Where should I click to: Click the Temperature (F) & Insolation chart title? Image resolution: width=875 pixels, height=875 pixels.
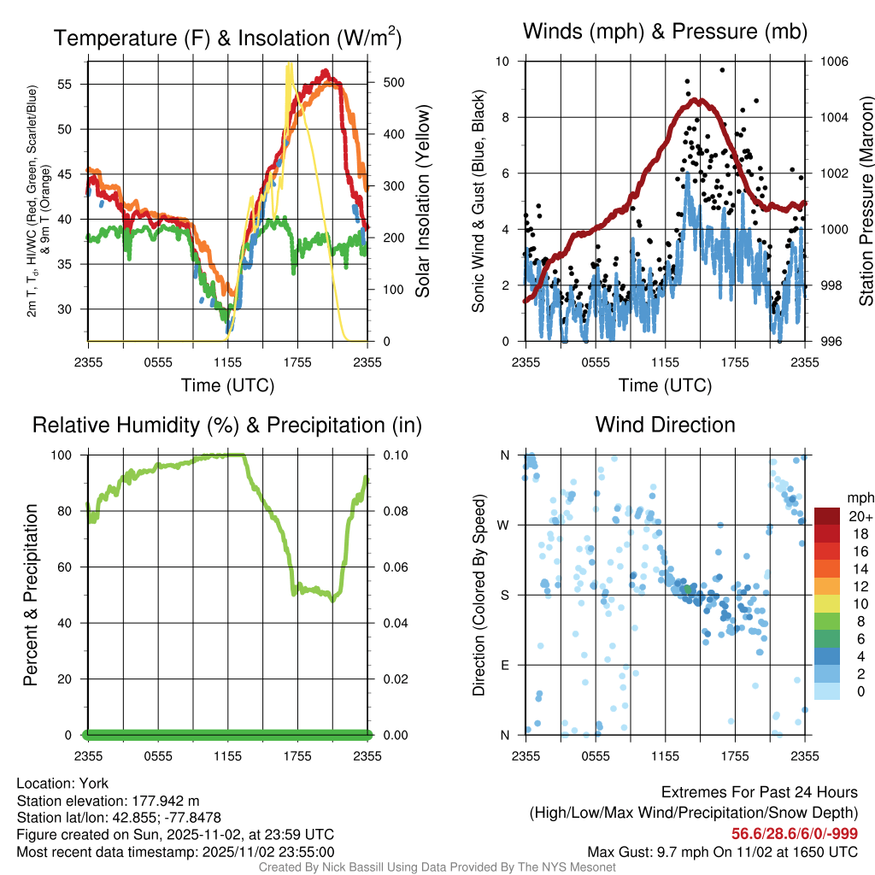coord(227,38)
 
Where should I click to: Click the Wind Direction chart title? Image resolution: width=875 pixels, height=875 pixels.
coord(665,425)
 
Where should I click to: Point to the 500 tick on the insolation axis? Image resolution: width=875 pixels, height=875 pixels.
coord(383,83)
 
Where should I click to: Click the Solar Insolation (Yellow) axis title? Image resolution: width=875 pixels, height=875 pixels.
coord(423,201)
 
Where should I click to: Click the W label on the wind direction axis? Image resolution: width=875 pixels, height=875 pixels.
coord(505,525)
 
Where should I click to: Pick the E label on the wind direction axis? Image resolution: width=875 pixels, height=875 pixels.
coord(505,665)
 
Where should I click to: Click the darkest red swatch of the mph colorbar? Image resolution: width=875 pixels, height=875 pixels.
coord(827,516)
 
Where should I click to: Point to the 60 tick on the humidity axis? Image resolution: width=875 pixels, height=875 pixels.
coord(68,567)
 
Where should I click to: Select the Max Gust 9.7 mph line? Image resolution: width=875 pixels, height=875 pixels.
coord(723,852)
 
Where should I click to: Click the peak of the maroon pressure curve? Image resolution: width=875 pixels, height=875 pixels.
coord(699,101)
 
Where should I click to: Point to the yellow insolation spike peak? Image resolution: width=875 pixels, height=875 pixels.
coord(290,65)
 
